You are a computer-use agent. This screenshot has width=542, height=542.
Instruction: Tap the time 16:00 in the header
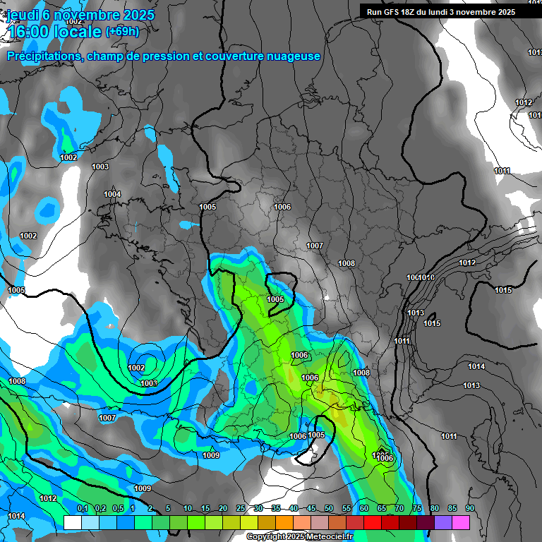click(x=30, y=31)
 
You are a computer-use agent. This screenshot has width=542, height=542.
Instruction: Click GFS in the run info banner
click(x=392, y=12)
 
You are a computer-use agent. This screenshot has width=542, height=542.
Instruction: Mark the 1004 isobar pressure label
click(x=112, y=194)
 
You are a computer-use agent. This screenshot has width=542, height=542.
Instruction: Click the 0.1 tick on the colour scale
click(x=82, y=509)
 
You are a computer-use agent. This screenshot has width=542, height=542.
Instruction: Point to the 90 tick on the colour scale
click(x=469, y=509)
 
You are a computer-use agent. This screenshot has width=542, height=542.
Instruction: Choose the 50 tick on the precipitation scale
click(x=329, y=509)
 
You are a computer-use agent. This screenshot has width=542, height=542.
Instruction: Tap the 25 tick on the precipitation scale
click(x=241, y=509)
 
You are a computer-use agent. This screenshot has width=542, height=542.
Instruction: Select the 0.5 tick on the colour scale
click(x=117, y=509)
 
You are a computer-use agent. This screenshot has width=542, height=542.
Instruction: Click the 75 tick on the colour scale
click(x=417, y=509)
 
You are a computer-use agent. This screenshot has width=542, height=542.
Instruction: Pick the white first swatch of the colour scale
click(x=72, y=522)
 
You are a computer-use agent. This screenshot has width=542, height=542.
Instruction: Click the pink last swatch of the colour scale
click(x=461, y=522)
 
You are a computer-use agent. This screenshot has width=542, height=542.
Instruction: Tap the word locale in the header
click(x=78, y=31)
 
